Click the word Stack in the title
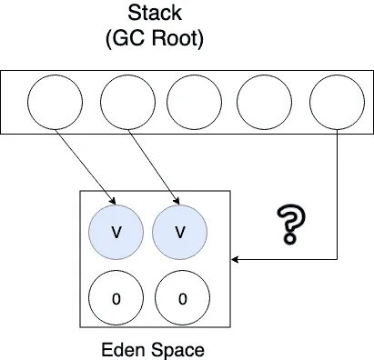[x=155, y=13]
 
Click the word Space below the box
[x=178, y=351]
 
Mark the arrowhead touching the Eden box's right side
[x=235, y=259]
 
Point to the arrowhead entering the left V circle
[x=113, y=201]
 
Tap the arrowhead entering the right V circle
[x=177, y=201]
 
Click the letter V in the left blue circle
[x=116, y=232]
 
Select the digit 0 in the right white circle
[x=182, y=299]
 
